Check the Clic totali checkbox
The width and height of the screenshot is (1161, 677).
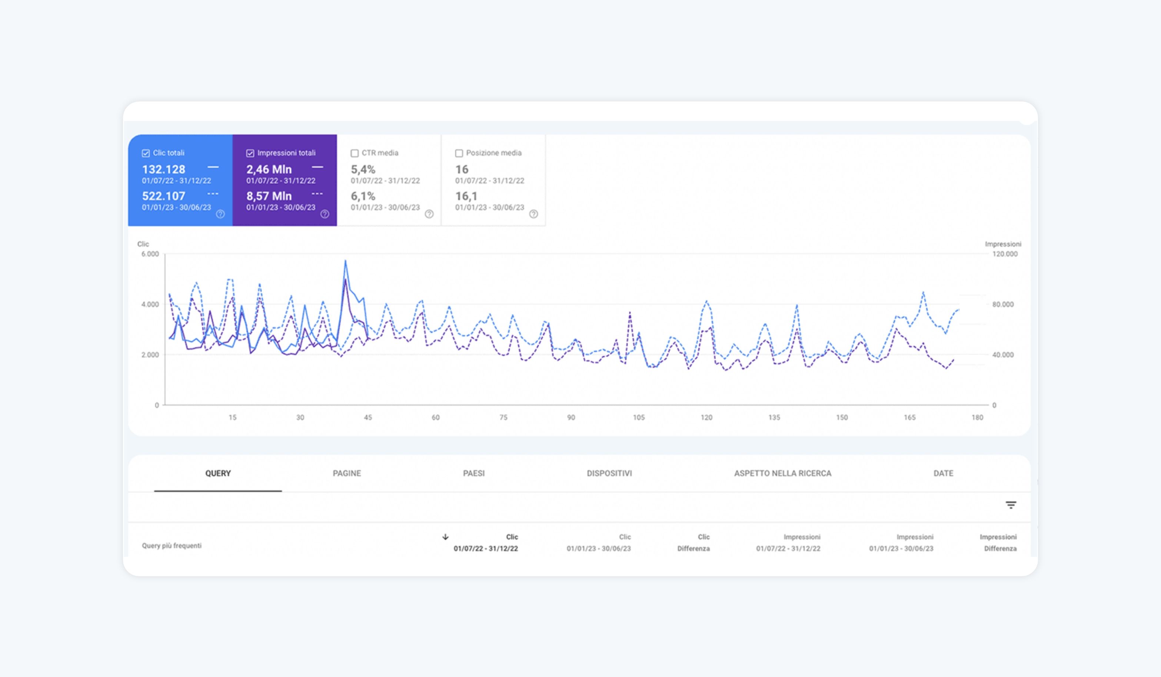[146, 153]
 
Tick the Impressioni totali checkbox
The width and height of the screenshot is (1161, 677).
[250, 153]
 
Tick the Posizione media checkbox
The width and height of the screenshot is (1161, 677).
[459, 153]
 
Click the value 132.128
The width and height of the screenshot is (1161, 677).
[163, 170]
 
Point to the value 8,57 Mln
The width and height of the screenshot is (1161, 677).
[269, 196]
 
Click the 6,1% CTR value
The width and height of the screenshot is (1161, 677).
[363, 196]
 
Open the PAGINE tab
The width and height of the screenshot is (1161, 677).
[347, 473]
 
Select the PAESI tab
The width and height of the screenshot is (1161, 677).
[473, 473]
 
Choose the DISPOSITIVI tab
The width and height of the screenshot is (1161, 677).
[609, 473]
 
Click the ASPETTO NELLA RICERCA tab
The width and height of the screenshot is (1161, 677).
[783, 473]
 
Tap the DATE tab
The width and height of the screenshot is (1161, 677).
[944, 473]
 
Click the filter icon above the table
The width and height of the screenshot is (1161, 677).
[1011, 505]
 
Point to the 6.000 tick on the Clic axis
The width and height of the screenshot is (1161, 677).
[150, 254]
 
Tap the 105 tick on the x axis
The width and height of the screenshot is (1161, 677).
[639, 418]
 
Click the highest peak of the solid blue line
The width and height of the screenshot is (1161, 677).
[346, 261]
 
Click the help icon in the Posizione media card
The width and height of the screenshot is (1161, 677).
[533, 214]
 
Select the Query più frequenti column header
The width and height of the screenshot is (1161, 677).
[172, 546]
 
